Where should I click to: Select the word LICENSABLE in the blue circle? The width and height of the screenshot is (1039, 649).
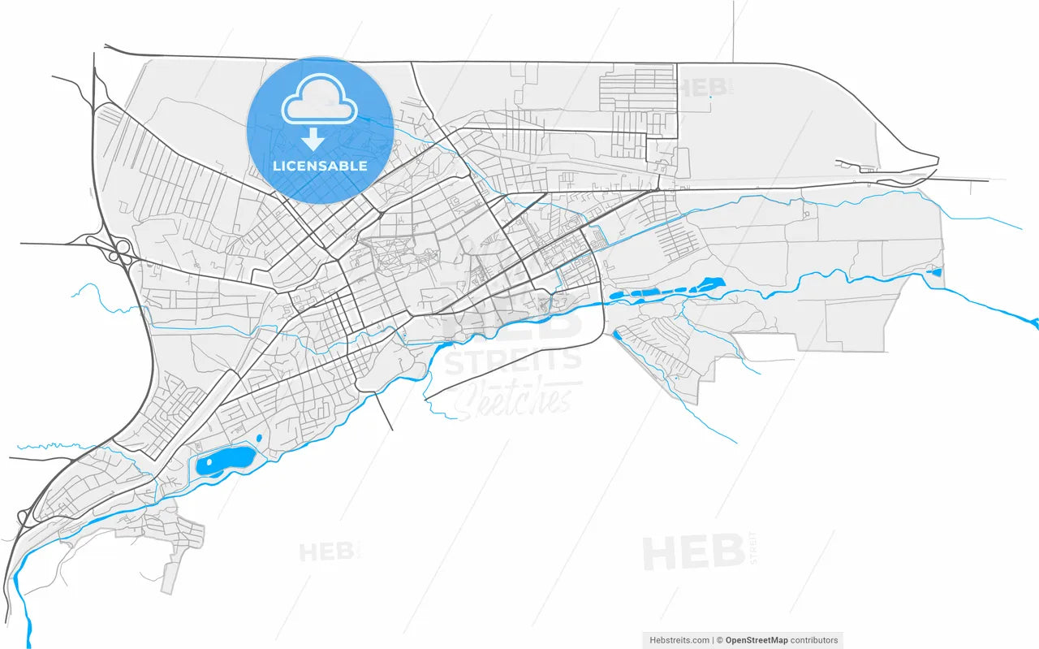tap(320, 167)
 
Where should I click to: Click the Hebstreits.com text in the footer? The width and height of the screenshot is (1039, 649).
tap(679, 640)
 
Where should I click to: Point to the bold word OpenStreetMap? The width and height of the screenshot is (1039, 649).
tap(756, 640)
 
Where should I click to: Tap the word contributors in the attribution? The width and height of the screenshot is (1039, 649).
tap(814, 640)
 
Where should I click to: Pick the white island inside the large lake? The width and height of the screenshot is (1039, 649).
tap(210, 462)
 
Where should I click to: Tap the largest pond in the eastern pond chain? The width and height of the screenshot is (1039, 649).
tap(710, 283)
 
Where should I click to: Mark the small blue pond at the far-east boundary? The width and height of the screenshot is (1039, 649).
tap(936, 271)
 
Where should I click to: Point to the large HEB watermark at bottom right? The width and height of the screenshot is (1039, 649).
tap(694, 552)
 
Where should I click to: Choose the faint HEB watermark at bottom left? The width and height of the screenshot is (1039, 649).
tap(325, 552)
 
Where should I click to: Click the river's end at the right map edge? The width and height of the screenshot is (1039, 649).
tap(1034, 324)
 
